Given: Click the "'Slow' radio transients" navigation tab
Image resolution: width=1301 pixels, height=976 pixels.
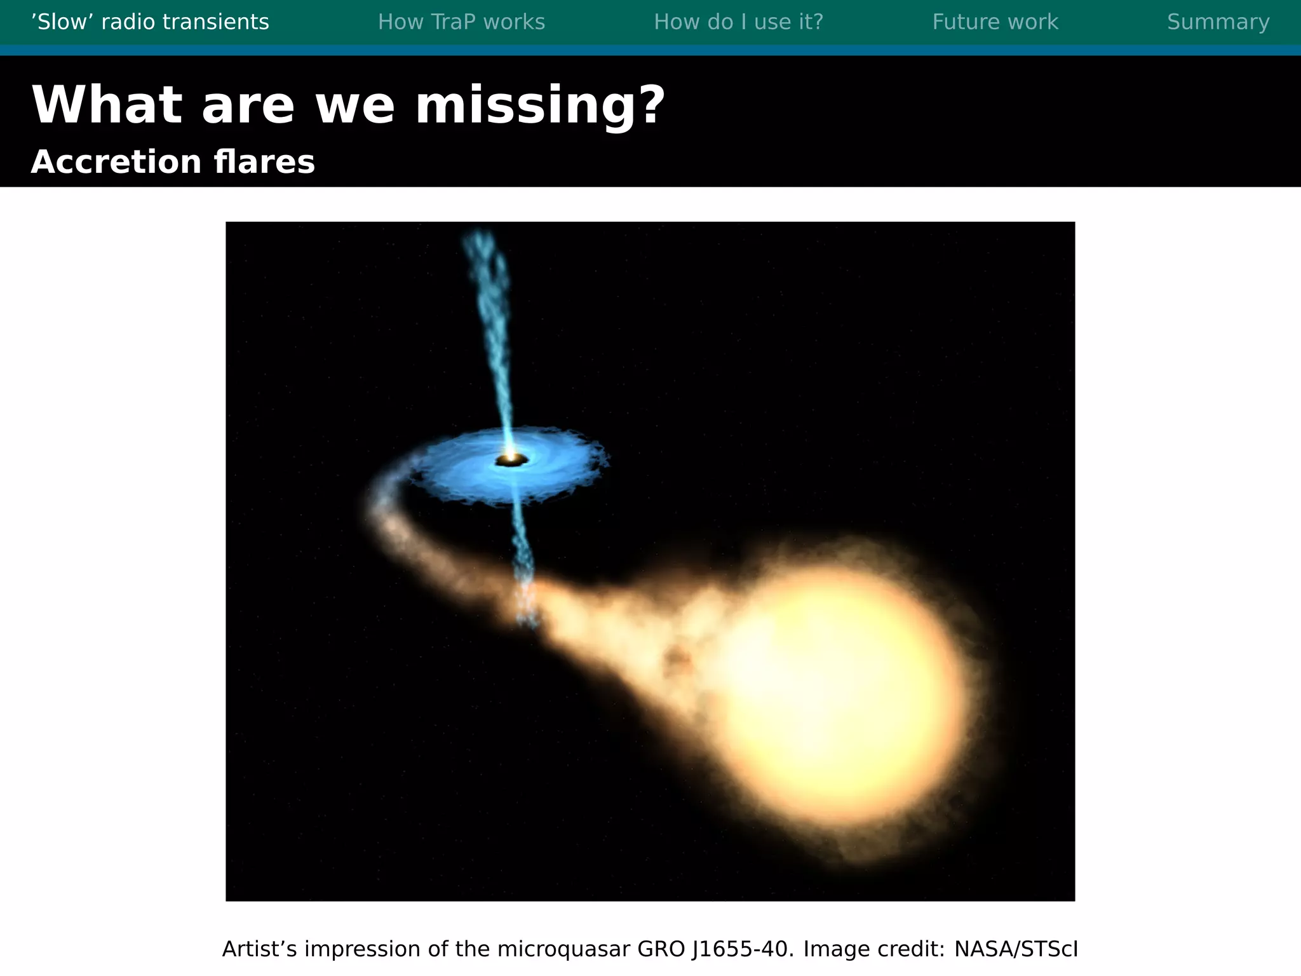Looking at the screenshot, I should pos(150,22).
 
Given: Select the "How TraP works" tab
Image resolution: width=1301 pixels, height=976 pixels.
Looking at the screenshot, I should pos(461,22).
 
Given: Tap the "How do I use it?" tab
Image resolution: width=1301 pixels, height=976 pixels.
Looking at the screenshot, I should pos(738,22).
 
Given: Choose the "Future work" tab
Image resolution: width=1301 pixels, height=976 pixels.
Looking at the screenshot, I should pos(995,22).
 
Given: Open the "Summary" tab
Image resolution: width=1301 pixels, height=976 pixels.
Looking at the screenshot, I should pos(1218,22).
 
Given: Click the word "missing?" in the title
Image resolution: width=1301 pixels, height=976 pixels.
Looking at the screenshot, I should pos(540,105).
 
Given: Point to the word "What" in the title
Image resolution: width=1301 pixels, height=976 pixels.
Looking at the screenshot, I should pos(106,105).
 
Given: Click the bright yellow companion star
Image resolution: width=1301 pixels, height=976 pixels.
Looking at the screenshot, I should pos(839,693).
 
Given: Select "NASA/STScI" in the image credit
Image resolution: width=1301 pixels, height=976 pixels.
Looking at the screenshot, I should pos(1016,949).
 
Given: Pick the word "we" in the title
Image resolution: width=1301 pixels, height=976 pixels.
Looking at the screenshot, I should pos(354,105).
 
